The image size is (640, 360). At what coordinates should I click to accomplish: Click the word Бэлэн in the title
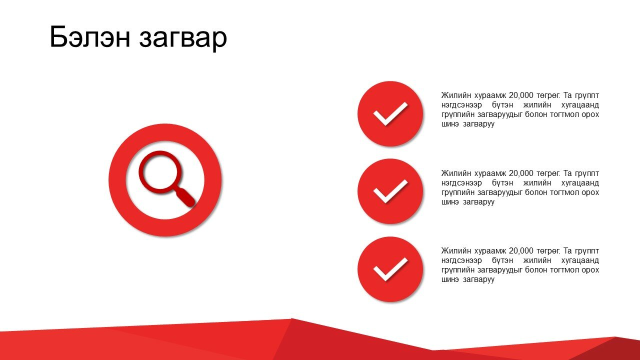pyautogui.click(x=90, y=37)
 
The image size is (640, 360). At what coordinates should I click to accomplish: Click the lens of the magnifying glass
pyautogui.click(x=160, y=172)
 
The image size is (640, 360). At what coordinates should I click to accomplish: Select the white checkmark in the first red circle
pyautogui.click(x=390, y=113)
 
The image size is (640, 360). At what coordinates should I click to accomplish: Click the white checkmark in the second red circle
pyautogui.click(x=390, y=191)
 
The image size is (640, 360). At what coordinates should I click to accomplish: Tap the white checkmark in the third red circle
pyautogui.click(x=390, y=269)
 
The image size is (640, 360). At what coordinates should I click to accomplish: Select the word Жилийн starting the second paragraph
pyautogui.click(x=456, y=173)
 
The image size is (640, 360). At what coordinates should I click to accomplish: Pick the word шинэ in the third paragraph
pyautogui.click(x=450, y=279)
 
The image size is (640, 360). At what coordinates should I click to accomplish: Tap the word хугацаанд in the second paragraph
pyautogui.click(x=580, y=183)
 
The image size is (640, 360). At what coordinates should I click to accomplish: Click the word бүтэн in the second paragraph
pyautogui.click(x=502, y=183)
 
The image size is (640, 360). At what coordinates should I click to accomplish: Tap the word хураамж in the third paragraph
pyautogui.click(x=489, y=251)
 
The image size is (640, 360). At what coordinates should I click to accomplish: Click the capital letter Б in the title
pyautogui.click(x=58, y=37)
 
